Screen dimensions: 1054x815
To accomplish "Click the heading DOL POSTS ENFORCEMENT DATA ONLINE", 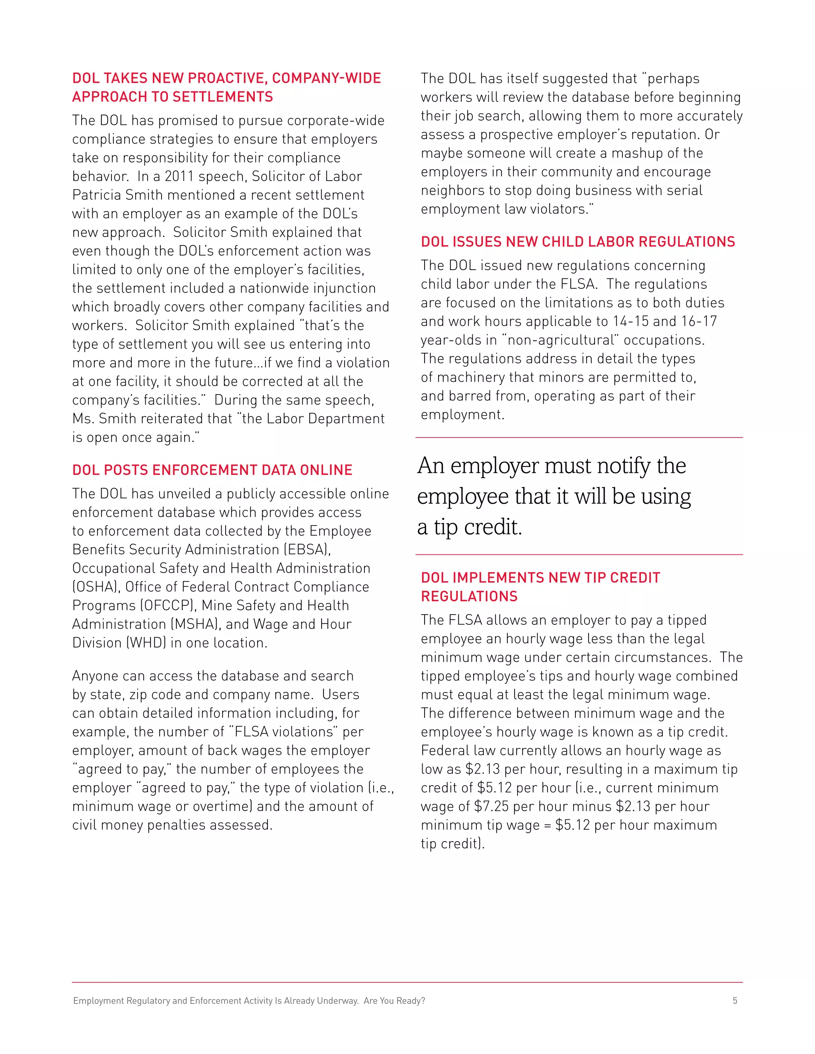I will coord(212,470).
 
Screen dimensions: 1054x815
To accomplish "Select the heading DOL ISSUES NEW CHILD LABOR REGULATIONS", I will coord(577,242).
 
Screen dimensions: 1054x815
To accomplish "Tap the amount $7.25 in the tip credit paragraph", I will coord(491,807).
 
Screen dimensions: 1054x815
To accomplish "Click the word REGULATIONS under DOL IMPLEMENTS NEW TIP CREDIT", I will coord(469,597).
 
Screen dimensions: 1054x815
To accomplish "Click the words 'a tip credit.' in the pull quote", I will coord(469,527).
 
